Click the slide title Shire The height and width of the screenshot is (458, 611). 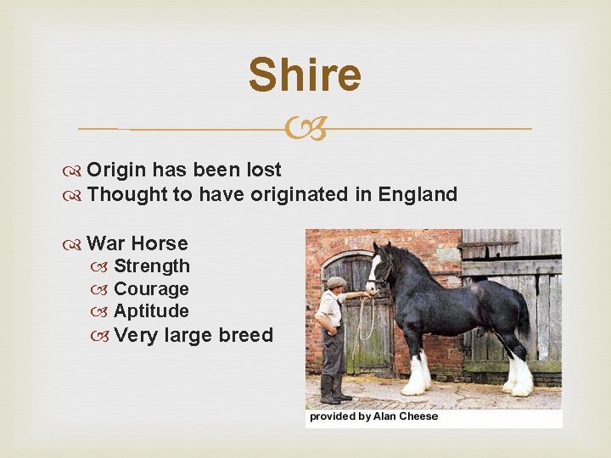(x=305, y=75)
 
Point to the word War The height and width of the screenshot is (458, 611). (x=105, y=243)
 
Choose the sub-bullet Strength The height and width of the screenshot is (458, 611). (x=152, y=266)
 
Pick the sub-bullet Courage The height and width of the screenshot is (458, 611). (x=151, y=289)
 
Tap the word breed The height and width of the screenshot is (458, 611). (x=245, y=335)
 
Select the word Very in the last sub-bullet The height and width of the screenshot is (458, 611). (x=136, y=335)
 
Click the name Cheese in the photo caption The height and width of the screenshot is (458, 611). (x=418, y=416)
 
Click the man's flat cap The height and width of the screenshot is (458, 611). (x=337, y=282)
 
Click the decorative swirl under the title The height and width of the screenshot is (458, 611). (x=305, y=129)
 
